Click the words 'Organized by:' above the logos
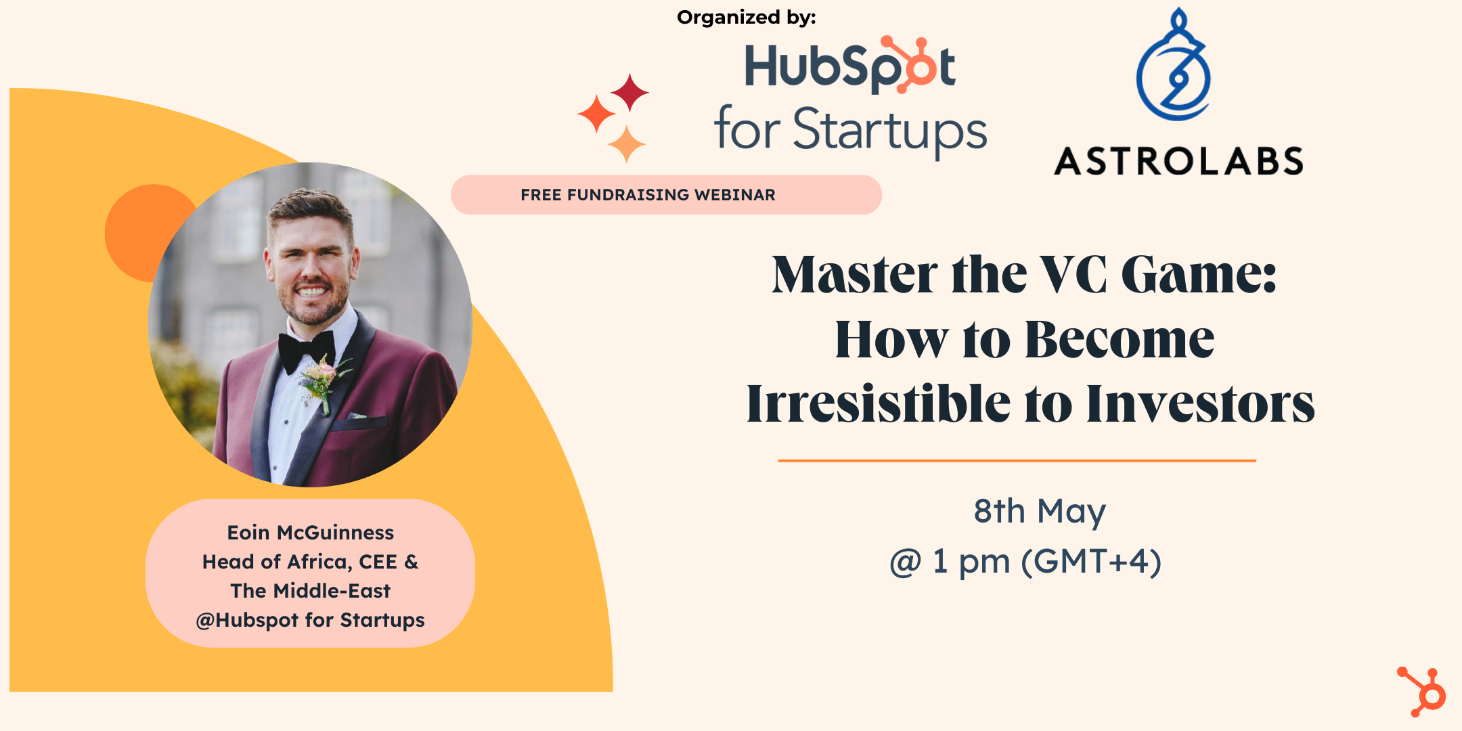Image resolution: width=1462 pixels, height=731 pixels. pyautogui.click(x=746, y=18)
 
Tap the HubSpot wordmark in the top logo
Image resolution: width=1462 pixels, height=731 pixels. pyautogui.click(x=849, y=66)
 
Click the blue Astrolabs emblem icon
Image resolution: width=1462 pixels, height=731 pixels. pyautogui.click(x=1174, y=67)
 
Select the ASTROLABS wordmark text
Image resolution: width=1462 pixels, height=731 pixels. pyautogui.click(x=1178, y=162)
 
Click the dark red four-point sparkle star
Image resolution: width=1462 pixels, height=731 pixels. pyautogui.click(x=629, y=91)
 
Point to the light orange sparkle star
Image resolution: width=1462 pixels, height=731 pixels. pyautogui.click(x=626, y=143)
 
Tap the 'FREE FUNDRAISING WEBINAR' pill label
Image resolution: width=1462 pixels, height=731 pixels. pyautogui.click(x=648, y=195)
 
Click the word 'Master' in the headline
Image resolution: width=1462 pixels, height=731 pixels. pyautogui.click(x=854, y=275)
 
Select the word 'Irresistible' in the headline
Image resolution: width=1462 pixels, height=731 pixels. pyautogui.click(x=878, y=404)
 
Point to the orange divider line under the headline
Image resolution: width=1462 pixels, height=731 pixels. pyautogui.click(x=1017, y=460)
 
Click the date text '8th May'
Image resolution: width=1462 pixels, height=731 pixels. pyautogui.click(x=1039, y=511)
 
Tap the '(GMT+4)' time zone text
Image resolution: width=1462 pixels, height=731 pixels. pyautogui.click(x=1091, y=562)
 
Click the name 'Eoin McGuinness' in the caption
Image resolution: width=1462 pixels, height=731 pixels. pyautogui.click(x=310, y=533)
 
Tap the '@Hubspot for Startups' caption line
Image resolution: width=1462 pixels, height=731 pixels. pyautogui.click(x=310, y=620)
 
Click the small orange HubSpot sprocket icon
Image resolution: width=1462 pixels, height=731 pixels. pyautogui.click(x=1422, y=692)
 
